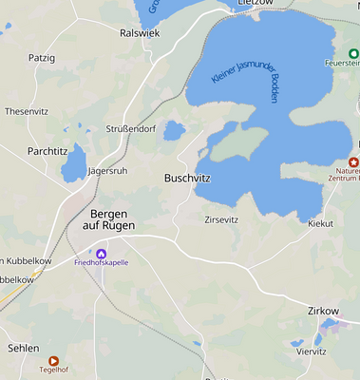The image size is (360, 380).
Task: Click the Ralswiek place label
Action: point(139,32)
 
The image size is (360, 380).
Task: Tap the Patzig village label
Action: point(42,58)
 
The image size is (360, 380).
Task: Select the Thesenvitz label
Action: point(27,111)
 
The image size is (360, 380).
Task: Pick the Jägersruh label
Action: point(106,171)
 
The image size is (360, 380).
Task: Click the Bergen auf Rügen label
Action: point(108,219)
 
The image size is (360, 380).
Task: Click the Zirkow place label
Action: point(323,311)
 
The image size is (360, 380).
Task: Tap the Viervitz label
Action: point(311,351)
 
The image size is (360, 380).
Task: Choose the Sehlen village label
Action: point(23,348)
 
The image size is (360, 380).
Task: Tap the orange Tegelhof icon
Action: point(53,360)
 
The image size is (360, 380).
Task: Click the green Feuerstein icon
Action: point(353,52)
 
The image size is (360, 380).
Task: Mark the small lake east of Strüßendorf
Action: point(174,130)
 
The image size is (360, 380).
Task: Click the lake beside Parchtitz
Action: point(73,167)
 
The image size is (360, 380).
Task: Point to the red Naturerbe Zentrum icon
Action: point(353,163)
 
